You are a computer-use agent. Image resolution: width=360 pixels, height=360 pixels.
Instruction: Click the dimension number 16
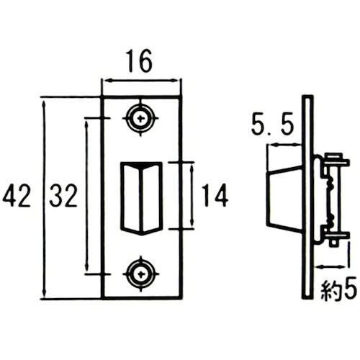[140, 61]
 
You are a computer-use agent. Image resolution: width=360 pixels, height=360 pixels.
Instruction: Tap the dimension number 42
[17, 195]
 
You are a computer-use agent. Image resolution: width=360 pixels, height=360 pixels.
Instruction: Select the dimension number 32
[63, 195]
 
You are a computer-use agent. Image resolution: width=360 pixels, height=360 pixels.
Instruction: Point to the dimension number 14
[215, 195]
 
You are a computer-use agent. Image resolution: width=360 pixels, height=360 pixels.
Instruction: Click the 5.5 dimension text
[273, 125]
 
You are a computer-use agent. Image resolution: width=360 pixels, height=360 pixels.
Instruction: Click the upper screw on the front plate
[140, 118]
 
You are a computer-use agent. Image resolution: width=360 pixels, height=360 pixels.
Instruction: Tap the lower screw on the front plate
[140, 274]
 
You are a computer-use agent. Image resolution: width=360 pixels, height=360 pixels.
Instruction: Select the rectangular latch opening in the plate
[141, 199]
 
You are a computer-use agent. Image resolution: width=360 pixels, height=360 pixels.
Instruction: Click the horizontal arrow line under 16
[140, 81]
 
